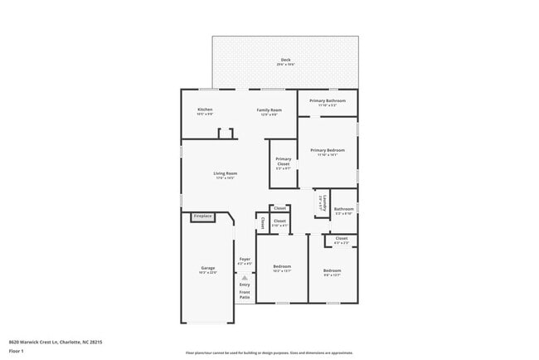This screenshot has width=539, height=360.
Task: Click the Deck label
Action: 285,60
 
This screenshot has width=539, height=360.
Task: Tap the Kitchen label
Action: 205,109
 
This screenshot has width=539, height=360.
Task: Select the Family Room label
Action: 269,109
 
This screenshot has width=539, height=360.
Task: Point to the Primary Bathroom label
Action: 328,100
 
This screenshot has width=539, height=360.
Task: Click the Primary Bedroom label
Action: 328,150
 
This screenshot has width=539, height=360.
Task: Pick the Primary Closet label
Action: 283,161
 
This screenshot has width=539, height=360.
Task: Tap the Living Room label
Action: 226,173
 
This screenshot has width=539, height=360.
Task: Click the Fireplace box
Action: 203,217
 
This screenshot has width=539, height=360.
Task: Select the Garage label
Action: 207,268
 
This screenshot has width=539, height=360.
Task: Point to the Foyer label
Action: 245,260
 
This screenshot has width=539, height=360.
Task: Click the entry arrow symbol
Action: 245,277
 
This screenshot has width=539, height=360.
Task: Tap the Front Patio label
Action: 245,295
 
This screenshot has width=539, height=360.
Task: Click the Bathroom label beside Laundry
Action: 343,209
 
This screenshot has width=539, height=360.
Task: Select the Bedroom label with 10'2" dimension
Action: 283,266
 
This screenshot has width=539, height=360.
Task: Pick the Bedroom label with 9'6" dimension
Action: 332,270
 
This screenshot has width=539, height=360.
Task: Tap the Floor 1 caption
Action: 17,351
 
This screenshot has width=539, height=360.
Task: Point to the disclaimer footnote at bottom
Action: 269,353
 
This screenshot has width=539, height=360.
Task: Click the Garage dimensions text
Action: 207,272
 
